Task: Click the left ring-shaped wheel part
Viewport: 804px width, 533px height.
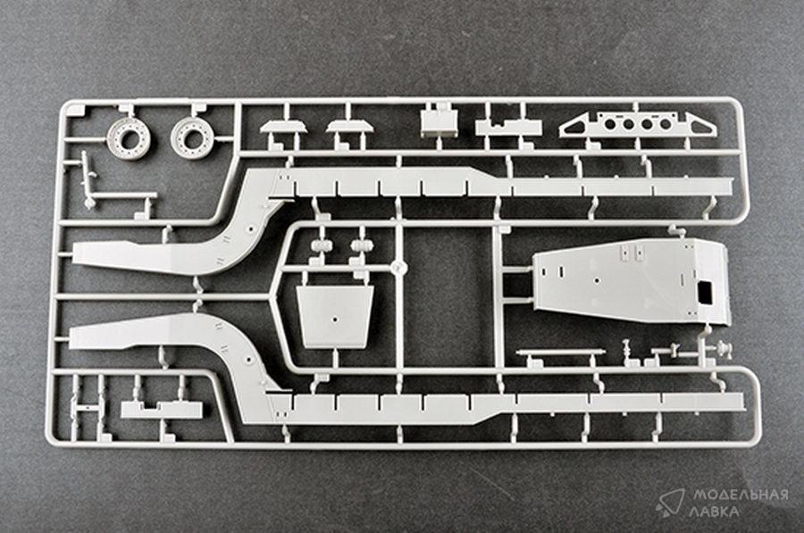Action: coord(125,136)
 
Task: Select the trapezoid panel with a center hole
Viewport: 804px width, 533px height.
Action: coord(334,316)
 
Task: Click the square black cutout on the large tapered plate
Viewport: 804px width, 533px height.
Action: coord(706,290)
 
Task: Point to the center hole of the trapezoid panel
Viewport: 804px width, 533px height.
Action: coord(334,316)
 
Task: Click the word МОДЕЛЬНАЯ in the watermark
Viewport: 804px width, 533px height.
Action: coord(738,496)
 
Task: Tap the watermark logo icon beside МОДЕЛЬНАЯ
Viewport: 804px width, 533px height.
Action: coord(669,502)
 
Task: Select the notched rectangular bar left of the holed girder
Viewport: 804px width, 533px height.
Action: coord(507,127)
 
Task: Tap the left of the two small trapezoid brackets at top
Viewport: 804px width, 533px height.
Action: coord(283,127)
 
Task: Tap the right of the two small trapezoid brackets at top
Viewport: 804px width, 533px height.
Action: coord(349,127)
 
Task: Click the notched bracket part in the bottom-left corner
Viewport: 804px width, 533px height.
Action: coord(161,409)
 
